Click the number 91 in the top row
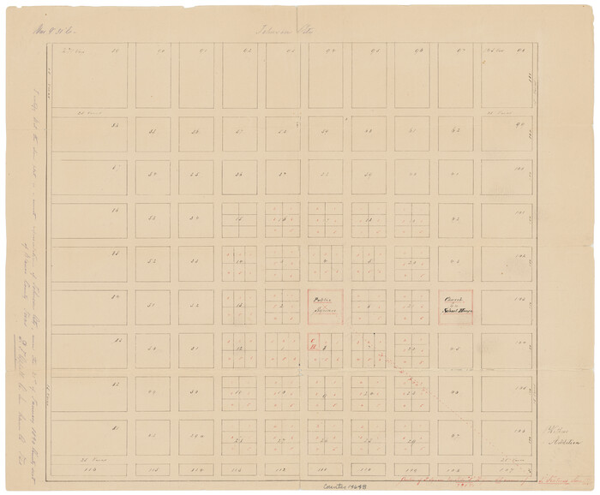203,51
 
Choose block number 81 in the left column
116,426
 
